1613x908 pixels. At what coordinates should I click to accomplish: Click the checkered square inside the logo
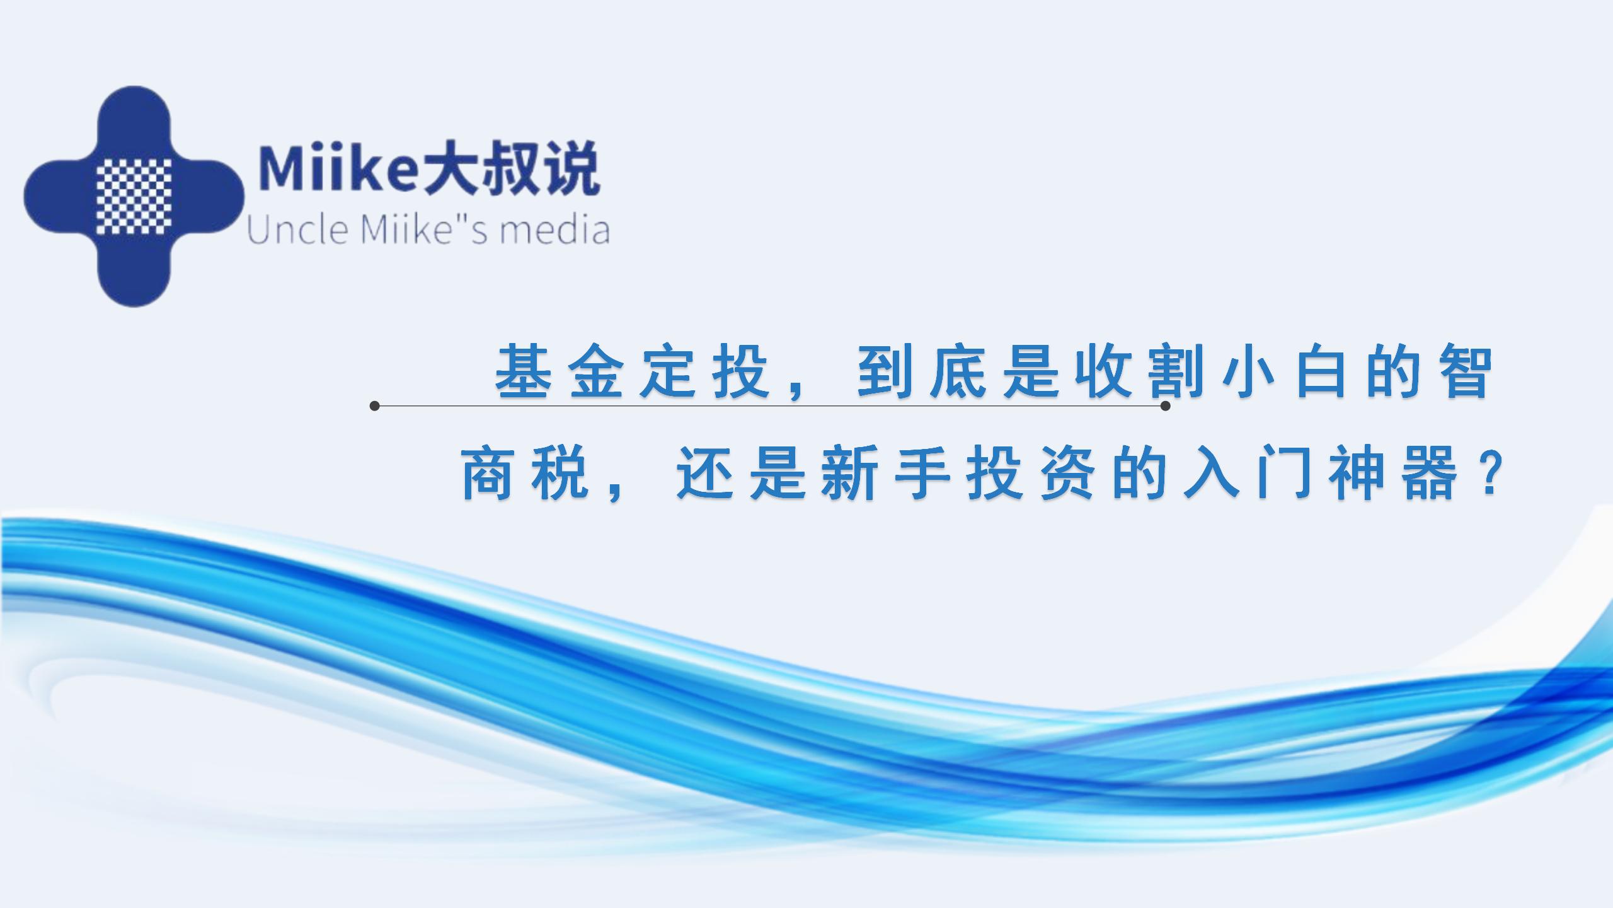[134, 196]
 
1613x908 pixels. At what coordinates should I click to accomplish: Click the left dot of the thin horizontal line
[375, 406]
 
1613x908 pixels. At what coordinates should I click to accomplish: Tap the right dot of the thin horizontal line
[1165, 406]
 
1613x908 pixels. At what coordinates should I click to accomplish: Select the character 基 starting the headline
[524, 372]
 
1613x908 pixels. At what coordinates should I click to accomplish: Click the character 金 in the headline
[596, 372]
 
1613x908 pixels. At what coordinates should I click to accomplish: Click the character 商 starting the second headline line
[487, 474]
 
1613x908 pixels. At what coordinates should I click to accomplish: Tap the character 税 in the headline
[560, 474]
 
